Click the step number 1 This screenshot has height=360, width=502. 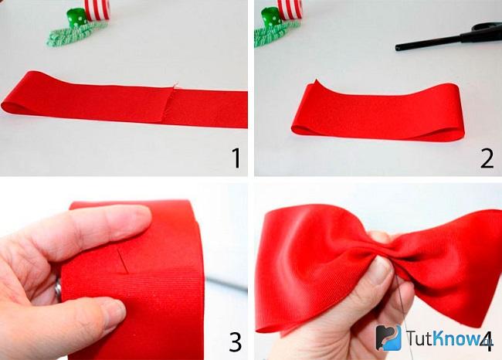tap(236, 158)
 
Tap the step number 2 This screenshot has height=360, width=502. tap(487, 158)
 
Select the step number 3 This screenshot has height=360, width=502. tap(236, 341)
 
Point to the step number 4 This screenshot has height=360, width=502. tap(487, 341)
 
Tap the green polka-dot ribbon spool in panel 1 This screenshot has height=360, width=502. tap(76, 18)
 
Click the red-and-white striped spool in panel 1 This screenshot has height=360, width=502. tap(97, 9)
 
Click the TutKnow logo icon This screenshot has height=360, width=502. tap(388, 338)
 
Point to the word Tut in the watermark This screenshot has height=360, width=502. tap(419, 338)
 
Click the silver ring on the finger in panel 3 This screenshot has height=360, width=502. tap(58, 289)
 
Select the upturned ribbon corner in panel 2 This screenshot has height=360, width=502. tap(315, 84)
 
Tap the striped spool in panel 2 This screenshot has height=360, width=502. tap(290, 9)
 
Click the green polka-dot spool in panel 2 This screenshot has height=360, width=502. tap(272, 17)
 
